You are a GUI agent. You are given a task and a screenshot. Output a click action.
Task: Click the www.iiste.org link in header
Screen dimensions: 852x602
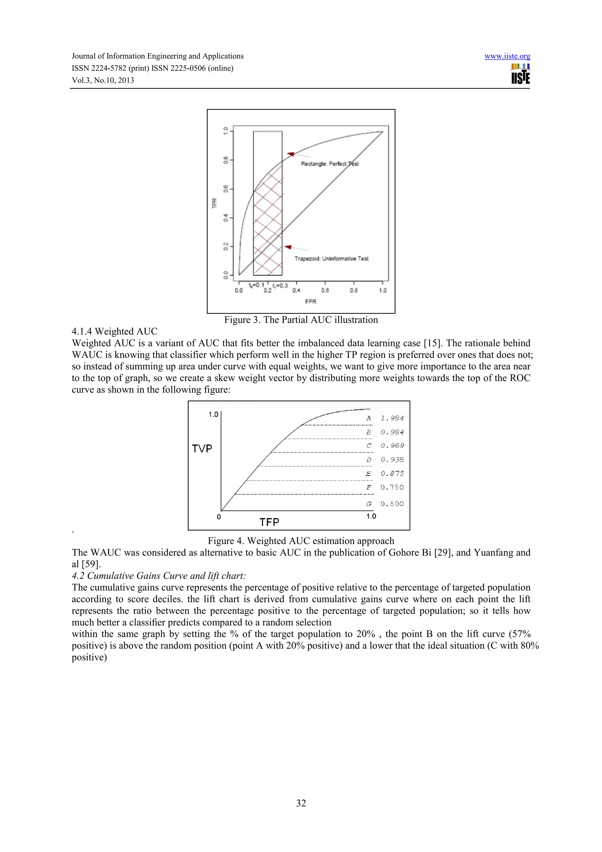pyautogui.click(x=507, y=56)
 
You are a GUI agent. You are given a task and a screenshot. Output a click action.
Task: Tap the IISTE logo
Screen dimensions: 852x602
pyautogui.click(x=520, y=74)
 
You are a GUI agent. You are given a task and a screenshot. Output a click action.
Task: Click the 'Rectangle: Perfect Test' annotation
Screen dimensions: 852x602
pyautogui.click(x=330, y=164)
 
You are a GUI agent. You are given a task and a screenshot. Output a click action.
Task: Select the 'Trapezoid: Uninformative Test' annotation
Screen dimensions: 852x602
pyautogui.click(x=331, y=259)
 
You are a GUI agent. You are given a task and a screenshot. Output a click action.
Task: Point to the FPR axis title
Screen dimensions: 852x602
pyautogui.click(x=310, y=301)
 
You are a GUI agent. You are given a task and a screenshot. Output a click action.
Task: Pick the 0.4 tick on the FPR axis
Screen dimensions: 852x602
pyautogui.click(x=296, y=290)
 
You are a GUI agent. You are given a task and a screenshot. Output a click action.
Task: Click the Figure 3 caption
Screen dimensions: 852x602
pyautogui.click(x=301, y=320)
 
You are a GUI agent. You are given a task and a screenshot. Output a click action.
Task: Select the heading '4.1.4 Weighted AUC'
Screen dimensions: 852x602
pyautogui.click(x=114, y=331)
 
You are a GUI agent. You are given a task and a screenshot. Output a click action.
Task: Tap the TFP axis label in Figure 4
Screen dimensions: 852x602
pyautogui.click(x=269, y=522)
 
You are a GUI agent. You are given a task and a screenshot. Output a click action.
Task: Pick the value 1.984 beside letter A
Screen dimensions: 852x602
pyautogui.click(x=392, y=418)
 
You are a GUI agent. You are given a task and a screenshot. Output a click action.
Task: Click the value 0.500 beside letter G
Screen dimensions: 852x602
pyautogui.click(x=392, y=504)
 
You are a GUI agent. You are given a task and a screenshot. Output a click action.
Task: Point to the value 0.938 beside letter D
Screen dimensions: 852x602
pyautogui.click(x=392, y=460)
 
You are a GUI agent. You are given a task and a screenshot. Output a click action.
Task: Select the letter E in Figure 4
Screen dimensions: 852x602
pyautogui.click(x=368, y=474)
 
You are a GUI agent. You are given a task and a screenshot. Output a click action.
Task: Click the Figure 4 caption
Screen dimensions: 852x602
pyautogui.click(x=301, y=541)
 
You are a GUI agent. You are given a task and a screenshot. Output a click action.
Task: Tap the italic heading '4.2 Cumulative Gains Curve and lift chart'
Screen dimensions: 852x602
pyautogui.click(x=159, y=576)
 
